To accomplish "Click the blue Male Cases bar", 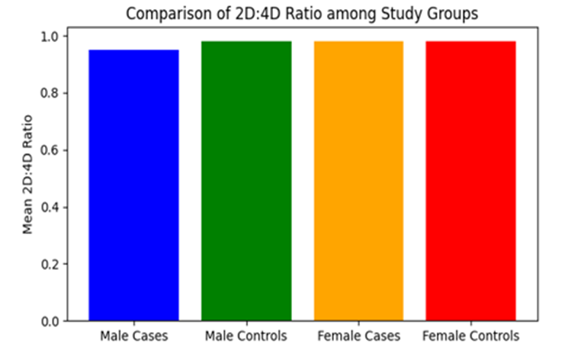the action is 133,185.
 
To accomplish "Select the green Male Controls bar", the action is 246,181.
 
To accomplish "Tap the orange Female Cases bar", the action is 358,181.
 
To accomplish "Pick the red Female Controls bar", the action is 471,181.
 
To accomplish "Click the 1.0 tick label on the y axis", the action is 50,37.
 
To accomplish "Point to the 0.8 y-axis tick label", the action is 50,94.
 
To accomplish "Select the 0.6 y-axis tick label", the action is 50,150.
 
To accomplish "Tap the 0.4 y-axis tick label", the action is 50,207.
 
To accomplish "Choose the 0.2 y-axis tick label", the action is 50,265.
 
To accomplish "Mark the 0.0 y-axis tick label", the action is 50,322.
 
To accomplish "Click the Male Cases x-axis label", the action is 134,336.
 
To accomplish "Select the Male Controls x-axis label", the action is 246,336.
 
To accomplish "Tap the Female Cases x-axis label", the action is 358,336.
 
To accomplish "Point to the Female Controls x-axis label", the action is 471,336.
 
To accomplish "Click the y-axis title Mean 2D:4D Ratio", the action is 28,175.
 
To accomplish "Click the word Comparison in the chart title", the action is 168,14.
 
